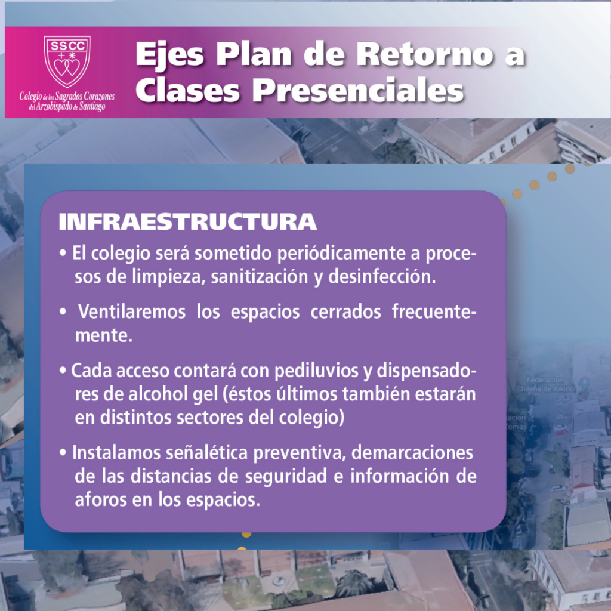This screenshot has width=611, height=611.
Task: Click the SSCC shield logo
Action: click(67, 61)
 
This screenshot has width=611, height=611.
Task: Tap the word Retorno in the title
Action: click(425, 54)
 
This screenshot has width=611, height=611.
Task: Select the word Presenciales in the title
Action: click(358, 91)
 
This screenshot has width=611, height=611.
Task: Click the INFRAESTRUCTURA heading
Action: click(187, 222)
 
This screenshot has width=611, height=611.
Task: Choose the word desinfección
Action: click(382, 277)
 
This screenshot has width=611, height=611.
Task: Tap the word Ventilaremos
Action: click(132, 311)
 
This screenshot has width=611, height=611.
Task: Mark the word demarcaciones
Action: click(412, 453)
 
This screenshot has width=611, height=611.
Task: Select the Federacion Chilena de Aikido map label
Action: click(545, 384)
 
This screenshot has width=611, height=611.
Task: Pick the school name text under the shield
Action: click(67, 101)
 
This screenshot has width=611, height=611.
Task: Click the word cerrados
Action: click(345, 311)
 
